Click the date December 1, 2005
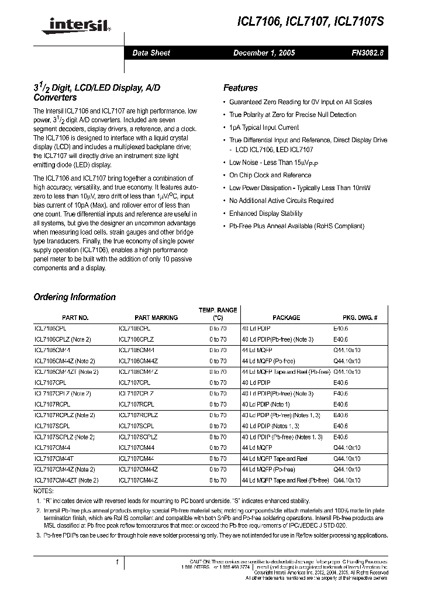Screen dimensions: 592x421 click(x=264, y=53)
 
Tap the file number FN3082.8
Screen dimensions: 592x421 click(x=367, y=53)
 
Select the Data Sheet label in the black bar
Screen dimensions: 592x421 click(x=151, y=53)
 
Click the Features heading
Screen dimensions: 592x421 click(x=240, y=88)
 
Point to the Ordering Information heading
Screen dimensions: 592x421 click(x=74, y=297)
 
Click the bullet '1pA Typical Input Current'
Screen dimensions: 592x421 click(x=264, y=128)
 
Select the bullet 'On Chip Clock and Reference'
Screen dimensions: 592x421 click(x=270, y=175)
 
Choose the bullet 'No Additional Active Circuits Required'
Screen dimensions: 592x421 click(x=281, y=201)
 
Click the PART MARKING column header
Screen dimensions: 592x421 click(x=156, y=318)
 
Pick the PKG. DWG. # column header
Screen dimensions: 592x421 click(x=360, y=318)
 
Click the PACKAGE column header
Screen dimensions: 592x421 click(x=286, y=318)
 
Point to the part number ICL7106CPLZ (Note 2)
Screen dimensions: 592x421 click(x=64, y=339)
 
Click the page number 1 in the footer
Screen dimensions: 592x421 click(x=118, y=562)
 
